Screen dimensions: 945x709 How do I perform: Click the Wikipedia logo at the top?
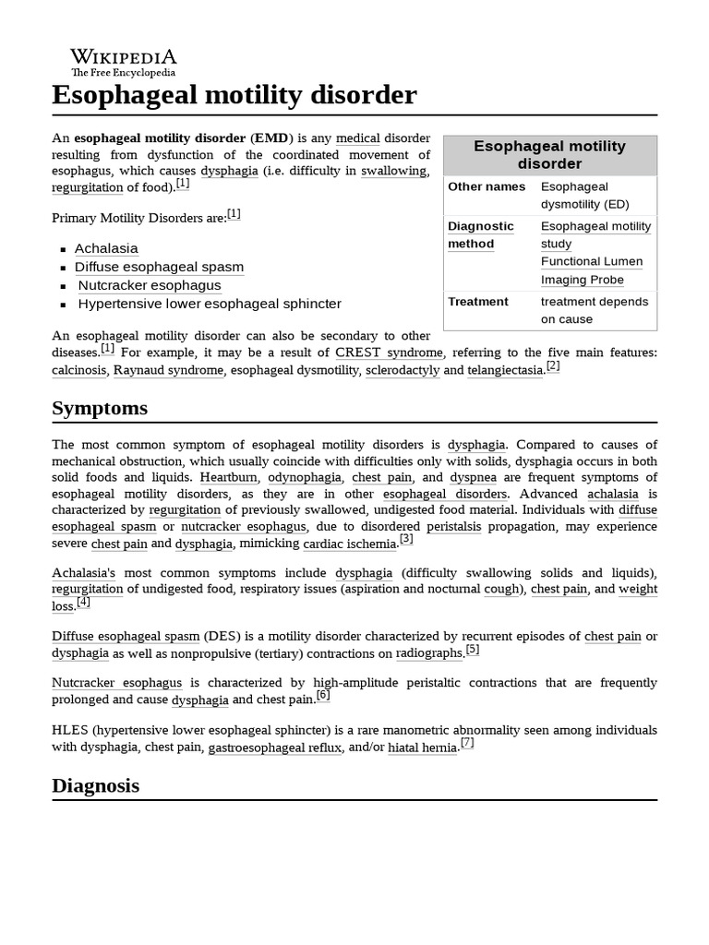coord(123,60)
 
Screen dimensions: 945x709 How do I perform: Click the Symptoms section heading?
coord(100,408)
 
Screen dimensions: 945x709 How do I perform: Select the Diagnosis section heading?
coord(96,785)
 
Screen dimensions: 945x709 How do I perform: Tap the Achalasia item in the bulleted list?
coord(106,248)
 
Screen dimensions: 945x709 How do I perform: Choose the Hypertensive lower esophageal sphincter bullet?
coord(210,304)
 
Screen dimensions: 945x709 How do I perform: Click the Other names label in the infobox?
coord(487,186)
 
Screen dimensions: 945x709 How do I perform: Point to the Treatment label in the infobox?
coord(478,302)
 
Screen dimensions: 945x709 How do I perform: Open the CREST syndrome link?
coord(389,353)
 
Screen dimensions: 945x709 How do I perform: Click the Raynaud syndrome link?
coord(168,370)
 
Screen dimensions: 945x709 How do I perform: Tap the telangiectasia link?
coord(506,370)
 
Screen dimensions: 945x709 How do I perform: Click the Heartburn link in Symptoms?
coord(229,477)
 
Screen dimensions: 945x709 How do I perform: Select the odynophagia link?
coord(305,477)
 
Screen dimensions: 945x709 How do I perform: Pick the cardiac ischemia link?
coord(349,544)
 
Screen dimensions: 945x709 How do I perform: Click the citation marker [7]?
coord(467,743)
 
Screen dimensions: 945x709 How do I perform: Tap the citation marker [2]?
coord(553,365)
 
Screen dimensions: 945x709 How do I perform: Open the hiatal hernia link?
coord(422,748)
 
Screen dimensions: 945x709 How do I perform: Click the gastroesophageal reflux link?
coord(274,748)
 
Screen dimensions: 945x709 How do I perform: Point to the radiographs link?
coord(429,653)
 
